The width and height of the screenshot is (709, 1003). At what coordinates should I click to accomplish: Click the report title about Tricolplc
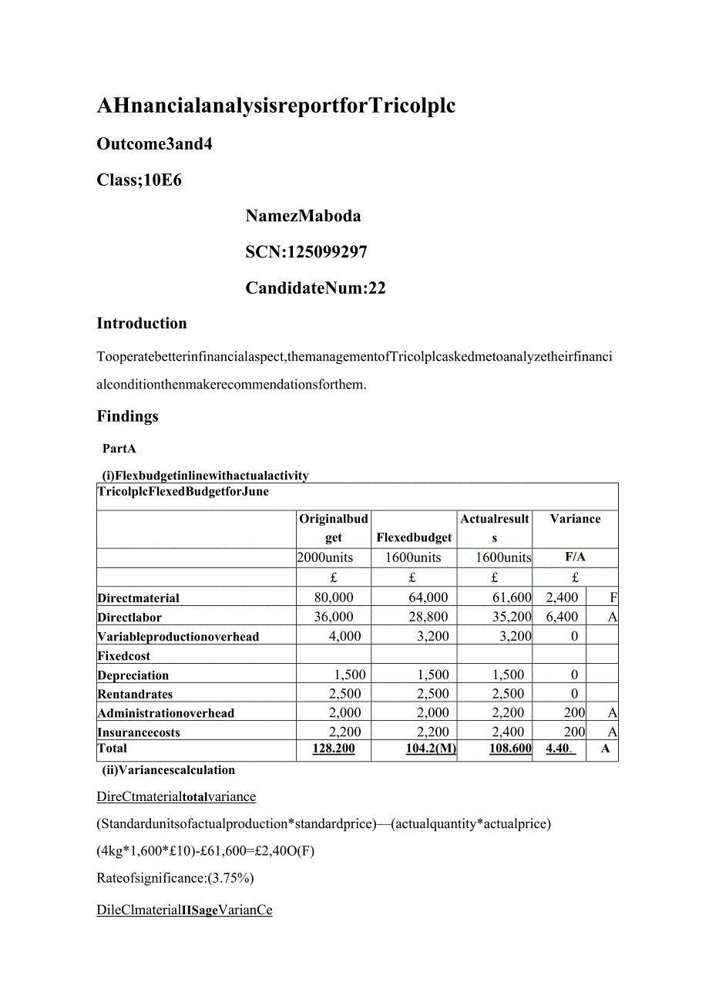[276, 106]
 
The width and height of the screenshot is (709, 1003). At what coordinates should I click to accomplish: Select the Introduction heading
[141, 323]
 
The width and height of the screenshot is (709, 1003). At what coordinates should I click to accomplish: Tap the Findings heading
[127, 416]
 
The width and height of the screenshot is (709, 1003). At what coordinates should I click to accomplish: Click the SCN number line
[306, 252]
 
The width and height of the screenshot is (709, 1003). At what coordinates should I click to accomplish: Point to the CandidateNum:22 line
[315, 288]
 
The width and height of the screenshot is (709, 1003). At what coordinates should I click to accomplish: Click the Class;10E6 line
[139, 180]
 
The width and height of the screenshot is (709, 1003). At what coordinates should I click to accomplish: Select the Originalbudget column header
[333, 528]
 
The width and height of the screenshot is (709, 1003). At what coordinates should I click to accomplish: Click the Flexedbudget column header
[414, 537]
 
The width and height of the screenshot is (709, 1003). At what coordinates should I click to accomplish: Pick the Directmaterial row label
[138, 598]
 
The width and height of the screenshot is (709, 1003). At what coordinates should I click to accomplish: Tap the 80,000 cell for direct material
[334, 597]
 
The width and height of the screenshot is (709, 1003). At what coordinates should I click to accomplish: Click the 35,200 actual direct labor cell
[510, 617]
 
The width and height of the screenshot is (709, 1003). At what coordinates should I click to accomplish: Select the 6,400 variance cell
[561, 617]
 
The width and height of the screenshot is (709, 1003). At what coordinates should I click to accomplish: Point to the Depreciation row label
[133, 675]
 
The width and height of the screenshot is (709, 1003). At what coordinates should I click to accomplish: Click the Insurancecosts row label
[138, 732]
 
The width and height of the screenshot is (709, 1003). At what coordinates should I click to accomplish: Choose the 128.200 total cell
[334, 749]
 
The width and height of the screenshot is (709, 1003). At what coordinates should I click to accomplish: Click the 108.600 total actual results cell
[510, 749]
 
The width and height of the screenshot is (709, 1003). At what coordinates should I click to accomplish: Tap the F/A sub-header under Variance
[575, 557]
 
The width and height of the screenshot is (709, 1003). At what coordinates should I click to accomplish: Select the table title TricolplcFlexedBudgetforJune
[183, 492]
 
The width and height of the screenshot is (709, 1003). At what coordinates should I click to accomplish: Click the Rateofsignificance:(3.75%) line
[175, 878]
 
